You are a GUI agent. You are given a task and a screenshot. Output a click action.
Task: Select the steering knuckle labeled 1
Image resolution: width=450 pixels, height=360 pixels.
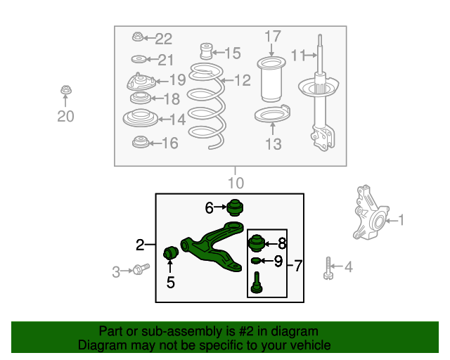coord(371,212)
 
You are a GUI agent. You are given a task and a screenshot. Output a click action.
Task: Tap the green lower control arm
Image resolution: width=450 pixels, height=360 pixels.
coord(212,246)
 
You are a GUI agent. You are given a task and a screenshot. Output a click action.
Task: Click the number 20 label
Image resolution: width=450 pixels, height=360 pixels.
coord(65,116)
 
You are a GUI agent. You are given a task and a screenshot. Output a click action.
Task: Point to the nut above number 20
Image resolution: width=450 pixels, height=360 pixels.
coord(66,90)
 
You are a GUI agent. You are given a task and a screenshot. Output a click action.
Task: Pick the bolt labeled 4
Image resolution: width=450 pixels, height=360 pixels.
coord(328,268)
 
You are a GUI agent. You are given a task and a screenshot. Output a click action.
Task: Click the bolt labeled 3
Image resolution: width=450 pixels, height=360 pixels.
coord(141,269)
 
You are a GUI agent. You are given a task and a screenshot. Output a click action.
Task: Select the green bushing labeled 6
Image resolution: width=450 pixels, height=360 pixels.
coord(235,207)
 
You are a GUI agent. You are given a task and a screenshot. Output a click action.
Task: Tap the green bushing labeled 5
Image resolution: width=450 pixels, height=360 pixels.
coord(171,252)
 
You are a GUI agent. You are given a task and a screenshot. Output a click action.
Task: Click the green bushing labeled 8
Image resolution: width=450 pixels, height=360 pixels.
coord(256,243)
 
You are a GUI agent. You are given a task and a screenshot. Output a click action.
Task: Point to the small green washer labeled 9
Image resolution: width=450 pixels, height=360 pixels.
coord(255,261)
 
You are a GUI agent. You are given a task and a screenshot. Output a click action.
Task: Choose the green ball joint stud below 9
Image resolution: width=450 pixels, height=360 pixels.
coord(257,283)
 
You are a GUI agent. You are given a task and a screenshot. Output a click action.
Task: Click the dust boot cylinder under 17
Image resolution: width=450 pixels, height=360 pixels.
coord(271,79)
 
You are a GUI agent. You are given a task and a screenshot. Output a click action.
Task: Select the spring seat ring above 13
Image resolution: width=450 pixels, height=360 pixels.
coord(272,114)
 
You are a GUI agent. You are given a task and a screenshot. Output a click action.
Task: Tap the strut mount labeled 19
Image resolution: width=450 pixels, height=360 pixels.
coord(141,82)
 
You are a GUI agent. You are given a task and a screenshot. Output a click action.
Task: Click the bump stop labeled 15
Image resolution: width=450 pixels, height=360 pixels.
coord(206,51)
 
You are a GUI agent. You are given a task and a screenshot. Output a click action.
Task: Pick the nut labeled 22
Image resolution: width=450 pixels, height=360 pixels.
coord(138,37)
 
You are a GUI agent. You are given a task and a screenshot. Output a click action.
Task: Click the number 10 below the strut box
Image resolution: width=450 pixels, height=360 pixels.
coord(236,183)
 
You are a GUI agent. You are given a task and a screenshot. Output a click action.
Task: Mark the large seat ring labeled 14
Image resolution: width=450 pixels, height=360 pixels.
coord(141,117)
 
